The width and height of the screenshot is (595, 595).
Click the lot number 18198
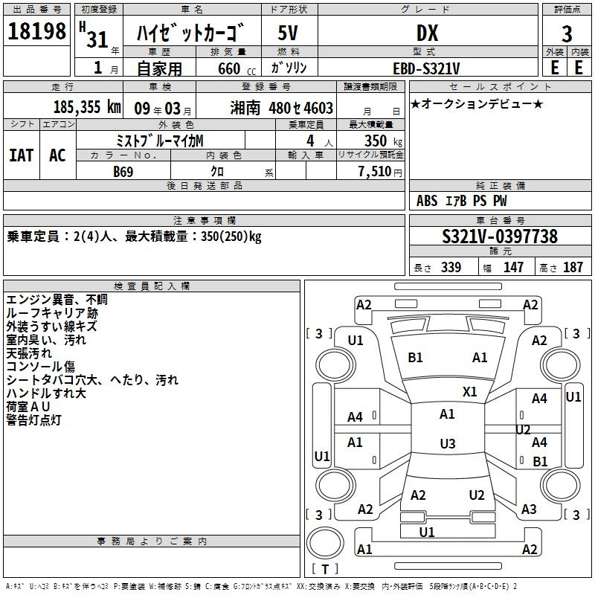[36, 31]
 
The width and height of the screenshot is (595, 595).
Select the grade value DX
[427, 33]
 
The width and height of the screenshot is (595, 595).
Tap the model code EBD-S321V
[426, 68]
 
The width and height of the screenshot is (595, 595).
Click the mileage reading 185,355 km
[87, 107]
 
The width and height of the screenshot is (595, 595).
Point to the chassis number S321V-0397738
[500, 237]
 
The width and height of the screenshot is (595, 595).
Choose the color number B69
[123, 172]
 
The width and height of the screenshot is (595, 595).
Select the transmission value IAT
[21, 155]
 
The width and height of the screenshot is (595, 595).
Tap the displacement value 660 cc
[237, 69]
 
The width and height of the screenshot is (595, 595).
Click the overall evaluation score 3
[567, 34]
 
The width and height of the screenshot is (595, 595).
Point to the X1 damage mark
[470, 392]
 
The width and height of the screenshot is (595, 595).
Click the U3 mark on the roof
[448, 443]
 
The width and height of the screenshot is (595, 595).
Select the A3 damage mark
[529, 509]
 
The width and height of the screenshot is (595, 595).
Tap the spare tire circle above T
[325, 543]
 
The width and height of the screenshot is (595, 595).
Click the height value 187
[573, 268]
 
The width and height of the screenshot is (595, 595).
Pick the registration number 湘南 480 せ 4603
[282, 108]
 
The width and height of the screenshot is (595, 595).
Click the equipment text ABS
[427, 201]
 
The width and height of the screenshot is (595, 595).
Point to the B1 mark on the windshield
[415, 358]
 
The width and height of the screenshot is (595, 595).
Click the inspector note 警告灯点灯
[33, 420]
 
